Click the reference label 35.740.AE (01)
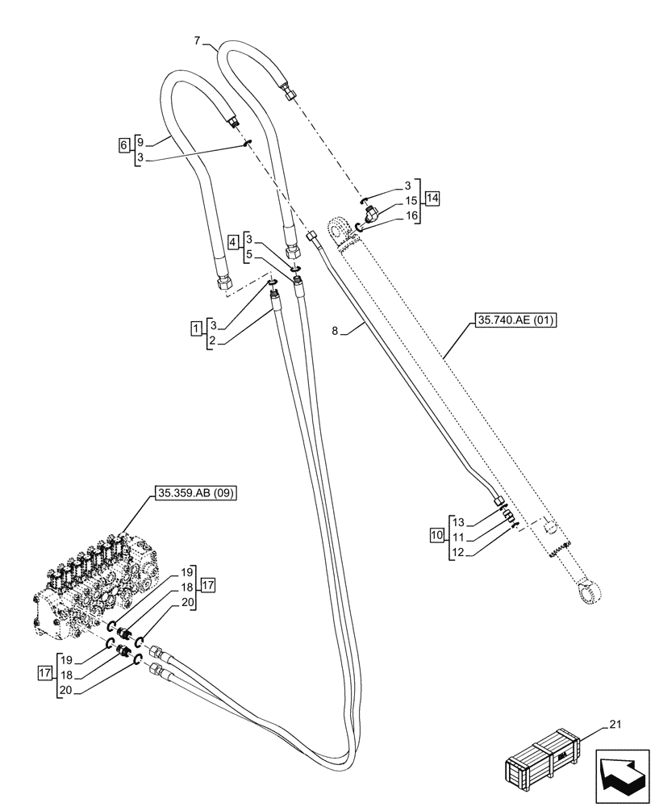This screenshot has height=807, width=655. pyautogui.click(x=511, y=320)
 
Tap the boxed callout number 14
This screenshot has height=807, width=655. pyautogui.click(x=432, y=198)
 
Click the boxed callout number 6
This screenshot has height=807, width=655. pyautogui.click(x=123, y=144)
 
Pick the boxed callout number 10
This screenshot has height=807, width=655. pyautogui.click(x=436, y=536)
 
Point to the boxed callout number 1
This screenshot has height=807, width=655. pyautogui.click(x=196, y=327)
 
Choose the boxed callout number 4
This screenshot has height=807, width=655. pyautogui.click(x=233, y=241)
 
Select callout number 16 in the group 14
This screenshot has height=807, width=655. pyautogui.click(x=412, y=215)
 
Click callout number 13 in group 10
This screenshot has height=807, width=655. pyautogui.click(x=459, y=521)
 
